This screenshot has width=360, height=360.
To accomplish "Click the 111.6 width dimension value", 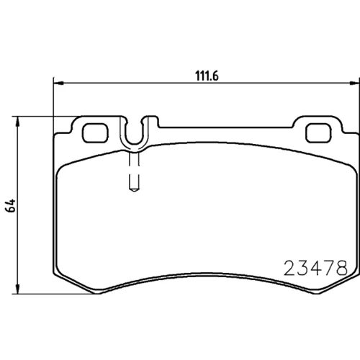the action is click(x=207, y=76).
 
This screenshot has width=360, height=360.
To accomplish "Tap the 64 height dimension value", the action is click(x=11, y=205).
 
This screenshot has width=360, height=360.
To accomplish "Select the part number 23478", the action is click(x=315, y=268).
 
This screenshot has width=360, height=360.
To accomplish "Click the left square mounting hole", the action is click(x=95, y=132).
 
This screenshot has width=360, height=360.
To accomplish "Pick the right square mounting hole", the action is click(x=318, y=132).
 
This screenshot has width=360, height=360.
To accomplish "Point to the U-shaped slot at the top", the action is click(x=135, y=144).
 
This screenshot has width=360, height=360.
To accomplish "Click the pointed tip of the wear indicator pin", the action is click(x=135, y=192).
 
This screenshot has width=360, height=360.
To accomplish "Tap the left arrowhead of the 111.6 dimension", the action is click(x=58, y=83).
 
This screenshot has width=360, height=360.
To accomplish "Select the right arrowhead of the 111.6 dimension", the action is click(x=355, y=83).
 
